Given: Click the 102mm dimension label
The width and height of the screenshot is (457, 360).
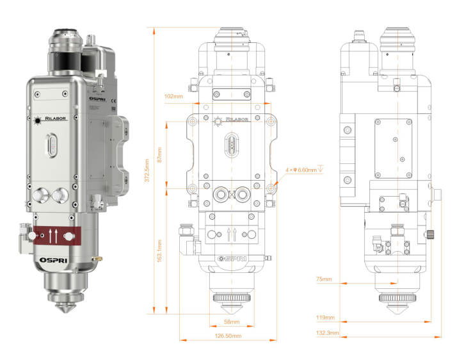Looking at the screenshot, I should [x=173, y=96].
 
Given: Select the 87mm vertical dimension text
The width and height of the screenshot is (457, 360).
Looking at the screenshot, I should [x=159, y=155].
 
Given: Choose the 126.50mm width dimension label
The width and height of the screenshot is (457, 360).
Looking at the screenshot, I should [x=228, y=336].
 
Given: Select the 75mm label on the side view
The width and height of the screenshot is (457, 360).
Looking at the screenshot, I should [x=324, y=279].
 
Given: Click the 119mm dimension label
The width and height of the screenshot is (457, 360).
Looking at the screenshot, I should [x=325, y=317].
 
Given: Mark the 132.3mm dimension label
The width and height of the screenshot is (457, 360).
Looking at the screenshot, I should [x=327, y=333].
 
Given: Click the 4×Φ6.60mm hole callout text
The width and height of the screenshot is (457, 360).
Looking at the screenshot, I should [x=304, y=170].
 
